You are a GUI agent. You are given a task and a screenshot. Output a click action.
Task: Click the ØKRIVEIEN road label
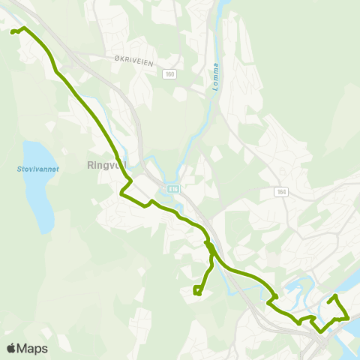(134, 64)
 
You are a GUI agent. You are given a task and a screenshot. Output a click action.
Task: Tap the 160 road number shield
(170, 73)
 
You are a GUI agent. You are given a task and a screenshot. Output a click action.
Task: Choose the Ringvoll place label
(107, 164)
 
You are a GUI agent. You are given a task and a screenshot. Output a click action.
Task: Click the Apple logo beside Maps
(11, 348)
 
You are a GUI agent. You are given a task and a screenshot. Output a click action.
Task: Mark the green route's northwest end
(12, 31)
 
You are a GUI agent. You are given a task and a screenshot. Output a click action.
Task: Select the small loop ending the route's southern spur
(196, 291)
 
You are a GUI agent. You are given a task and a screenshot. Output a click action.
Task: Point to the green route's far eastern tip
(349, 318)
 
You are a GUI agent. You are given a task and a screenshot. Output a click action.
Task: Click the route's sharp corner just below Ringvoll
(121, 193)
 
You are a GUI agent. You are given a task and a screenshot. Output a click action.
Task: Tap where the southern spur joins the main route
(211, 247)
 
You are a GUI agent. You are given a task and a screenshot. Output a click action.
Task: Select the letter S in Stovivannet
(19, 169)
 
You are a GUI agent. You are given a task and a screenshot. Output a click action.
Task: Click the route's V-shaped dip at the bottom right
(321, 331)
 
